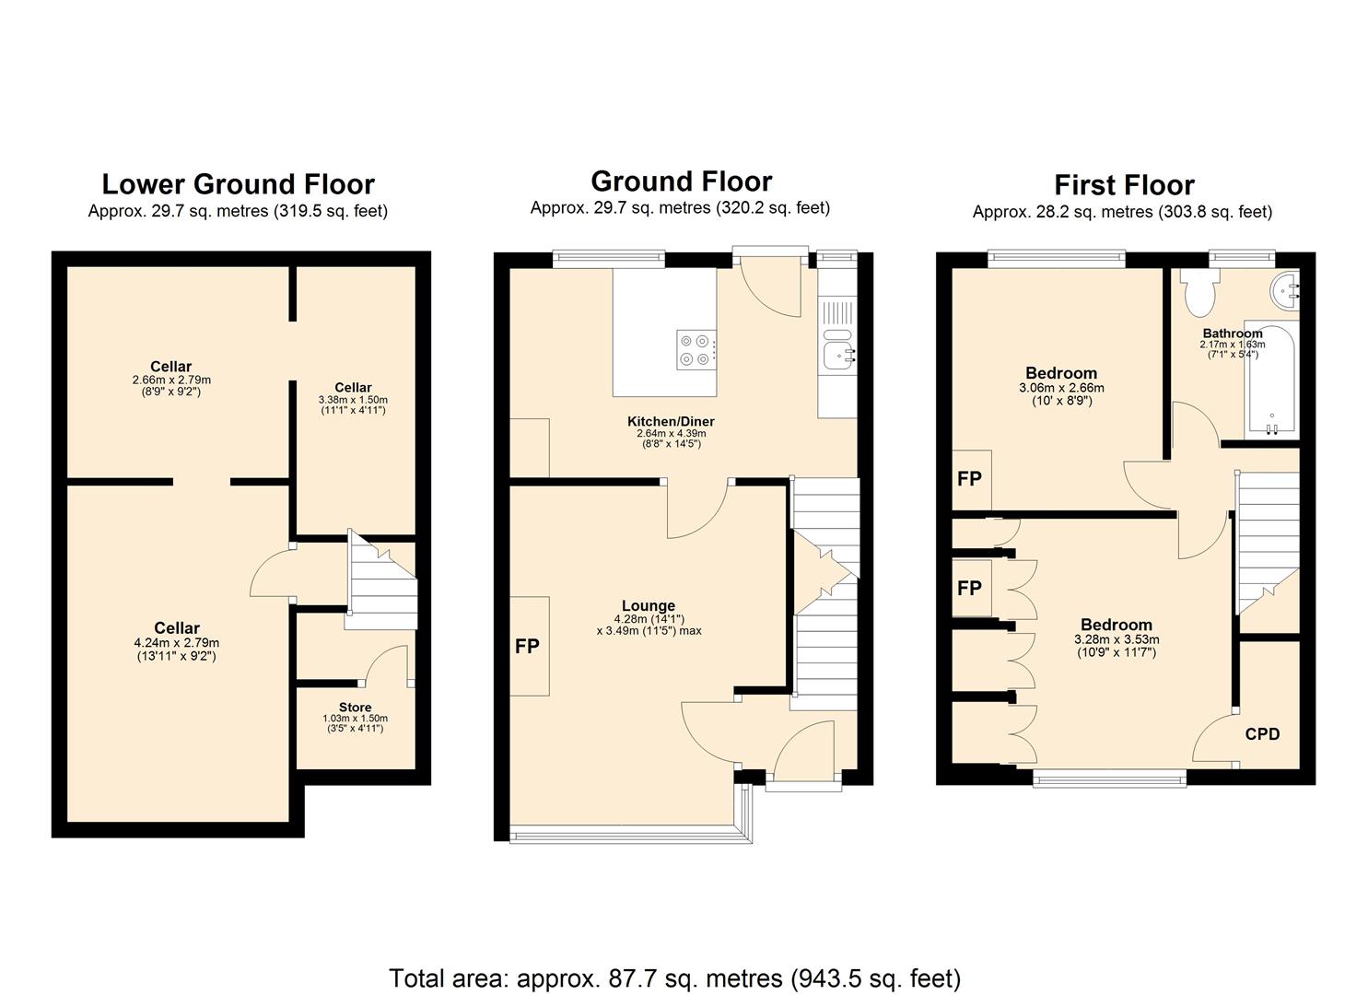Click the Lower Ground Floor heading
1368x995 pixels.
click(x=238, y=185)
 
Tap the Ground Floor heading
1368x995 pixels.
click(x=681, y=181)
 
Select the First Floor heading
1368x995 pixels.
click(x=1124, y=185)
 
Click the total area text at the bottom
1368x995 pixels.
click(x=674, y=977)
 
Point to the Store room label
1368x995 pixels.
click(x=355, y=708)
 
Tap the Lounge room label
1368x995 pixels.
click(x=649, y=606)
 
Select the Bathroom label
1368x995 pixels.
click(x=1232, y=334)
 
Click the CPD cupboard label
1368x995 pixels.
click(x=1262, y=734)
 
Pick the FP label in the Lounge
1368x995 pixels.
click(x=527, y=647)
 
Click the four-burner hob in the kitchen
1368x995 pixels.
click(x=696, y=349)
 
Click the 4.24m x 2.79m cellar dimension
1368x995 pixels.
click(x=177, y=643)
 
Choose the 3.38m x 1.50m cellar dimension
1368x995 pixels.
click(x=353, y=400)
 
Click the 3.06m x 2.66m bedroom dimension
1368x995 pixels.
click(x=1061, y=388)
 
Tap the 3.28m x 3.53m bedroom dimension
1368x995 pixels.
click(x=1117, y=639)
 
